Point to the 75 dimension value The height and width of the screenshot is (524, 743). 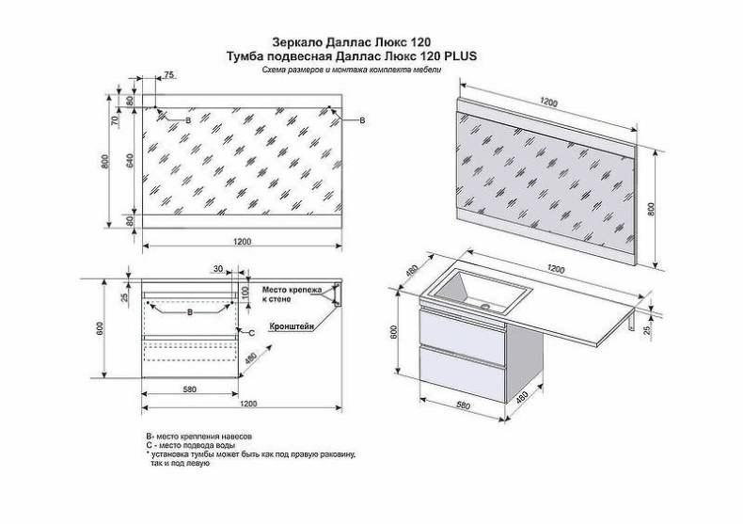169,74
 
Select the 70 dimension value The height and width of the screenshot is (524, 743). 115,120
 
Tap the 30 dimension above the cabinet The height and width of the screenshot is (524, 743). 217,269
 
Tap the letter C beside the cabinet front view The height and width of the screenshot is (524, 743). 250,332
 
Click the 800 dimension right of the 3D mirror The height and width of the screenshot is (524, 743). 650,208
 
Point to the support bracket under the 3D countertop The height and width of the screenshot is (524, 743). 628,325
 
